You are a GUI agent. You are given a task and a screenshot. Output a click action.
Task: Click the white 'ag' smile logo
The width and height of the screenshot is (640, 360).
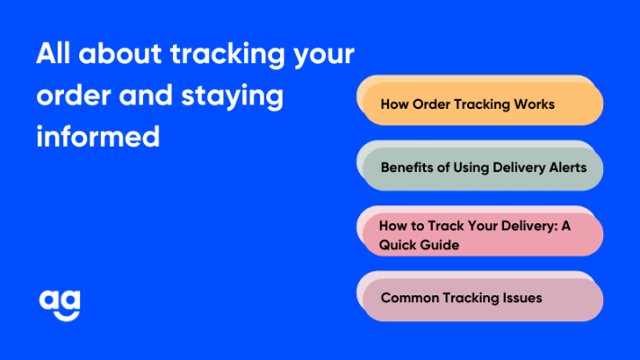[x=59, y=305]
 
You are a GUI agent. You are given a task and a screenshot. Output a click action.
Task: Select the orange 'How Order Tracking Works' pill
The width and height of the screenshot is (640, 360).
[x=480, y=101]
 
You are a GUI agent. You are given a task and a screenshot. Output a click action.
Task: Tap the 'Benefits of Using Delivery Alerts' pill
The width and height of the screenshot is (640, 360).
[x=480, y=166]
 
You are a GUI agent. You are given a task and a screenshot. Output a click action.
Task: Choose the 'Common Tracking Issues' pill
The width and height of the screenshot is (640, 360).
[x=480, y=296]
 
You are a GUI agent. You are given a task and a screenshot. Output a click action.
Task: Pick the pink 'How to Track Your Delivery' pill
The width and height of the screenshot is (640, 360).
[x=480, y=231]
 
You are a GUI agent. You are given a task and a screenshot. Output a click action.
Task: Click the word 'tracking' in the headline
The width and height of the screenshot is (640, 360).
[x=228, y=55]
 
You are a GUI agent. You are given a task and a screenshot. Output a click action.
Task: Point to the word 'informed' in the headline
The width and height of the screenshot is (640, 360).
[x=98, y=136]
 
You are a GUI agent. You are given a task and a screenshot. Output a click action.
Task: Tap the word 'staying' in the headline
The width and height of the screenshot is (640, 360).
[x=232, y=96]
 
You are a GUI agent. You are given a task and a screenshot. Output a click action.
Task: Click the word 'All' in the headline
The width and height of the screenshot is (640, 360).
[x=53, y=53]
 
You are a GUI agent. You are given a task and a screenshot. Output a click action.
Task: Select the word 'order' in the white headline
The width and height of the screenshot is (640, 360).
[x=74, y=95]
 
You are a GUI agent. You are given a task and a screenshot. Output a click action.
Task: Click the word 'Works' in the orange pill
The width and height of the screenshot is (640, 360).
[x=534, y=104]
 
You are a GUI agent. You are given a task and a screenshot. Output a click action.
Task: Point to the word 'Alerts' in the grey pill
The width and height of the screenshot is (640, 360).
[x=567, y=167]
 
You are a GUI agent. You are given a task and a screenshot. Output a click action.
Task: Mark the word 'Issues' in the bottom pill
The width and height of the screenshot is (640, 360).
[x=522, y=298]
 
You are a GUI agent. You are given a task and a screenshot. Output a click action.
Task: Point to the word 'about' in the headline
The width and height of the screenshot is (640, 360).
[x=120, y=53]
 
